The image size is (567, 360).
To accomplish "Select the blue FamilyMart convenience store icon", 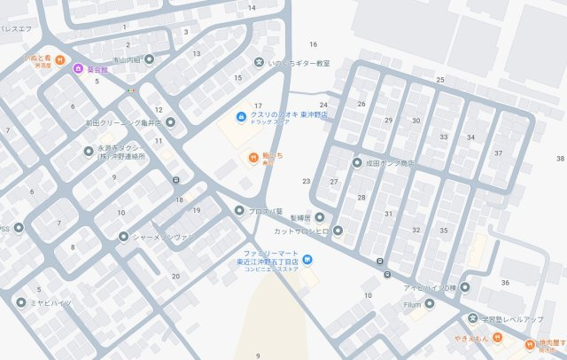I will (x=307, y=259).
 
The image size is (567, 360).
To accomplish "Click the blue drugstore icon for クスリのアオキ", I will (x=239, y=116).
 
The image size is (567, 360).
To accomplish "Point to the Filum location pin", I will (x=429, y=303).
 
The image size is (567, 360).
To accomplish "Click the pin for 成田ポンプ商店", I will (x=357, y=163).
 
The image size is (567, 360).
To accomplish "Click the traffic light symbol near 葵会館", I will (x=130, y=90).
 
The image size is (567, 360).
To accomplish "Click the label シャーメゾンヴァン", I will (x=163, y=237).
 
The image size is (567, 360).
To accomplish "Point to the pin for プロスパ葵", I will (x=238, y=211).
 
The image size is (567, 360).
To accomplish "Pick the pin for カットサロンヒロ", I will (x=338, y=231).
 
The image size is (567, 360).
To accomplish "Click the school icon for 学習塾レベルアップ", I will (x=472, y=317).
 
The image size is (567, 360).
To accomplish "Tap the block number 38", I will (x=560, y=158).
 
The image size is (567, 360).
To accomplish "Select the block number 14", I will (x=252, y=8).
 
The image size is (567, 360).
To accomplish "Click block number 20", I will (x=175, y=276).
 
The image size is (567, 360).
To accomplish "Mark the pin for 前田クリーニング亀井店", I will (x=170, y=122).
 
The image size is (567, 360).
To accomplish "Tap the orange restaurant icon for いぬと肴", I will (x=58, y=60).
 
